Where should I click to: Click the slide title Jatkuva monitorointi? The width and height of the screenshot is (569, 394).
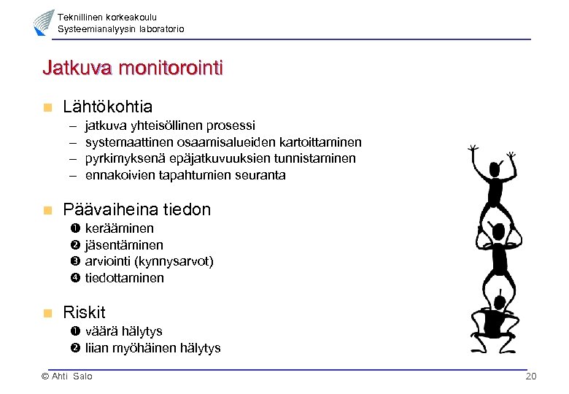pyautogui.click(x=133, y=69)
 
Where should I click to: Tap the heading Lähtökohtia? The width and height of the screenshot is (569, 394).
pyautogui.click(x=107, y=107)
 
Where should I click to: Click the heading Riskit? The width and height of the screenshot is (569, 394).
pyautogui.click(x=84, y=312)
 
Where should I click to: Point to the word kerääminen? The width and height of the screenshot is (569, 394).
pyautogui.click(x=119, y=228)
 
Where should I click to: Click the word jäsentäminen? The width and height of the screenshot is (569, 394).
pyautogui.click(x=124, y=245)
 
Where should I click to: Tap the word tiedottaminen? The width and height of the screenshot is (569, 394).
pyautogui.click(x=124, y=278)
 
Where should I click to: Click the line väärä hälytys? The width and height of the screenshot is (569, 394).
pyautogui.click(x=123, y=331)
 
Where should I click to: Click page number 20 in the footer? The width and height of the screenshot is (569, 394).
pyautogui.click(x=530, y=376)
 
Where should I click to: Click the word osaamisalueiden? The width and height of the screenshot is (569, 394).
pyautogui.click(x=221, y=142)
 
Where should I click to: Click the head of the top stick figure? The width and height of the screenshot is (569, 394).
pyautogui.click(x=494, y=170)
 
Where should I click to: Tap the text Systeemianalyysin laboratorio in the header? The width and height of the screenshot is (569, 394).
pyautogui.click(x=120, y=28)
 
